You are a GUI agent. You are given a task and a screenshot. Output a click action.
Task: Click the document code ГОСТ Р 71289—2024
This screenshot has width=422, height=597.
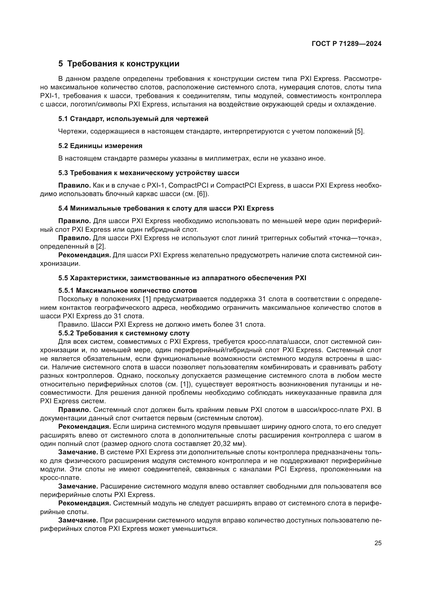pyautogui.click(x=346, y=44)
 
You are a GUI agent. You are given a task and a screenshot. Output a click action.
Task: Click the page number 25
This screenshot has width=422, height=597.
pyautogui.click(x=378, y=543)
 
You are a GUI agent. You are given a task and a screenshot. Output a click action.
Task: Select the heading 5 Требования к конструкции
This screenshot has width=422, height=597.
pyautogui.click(x=119, y=64)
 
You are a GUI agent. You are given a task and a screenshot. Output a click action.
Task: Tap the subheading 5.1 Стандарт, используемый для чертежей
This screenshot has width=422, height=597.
pyautogui.click(x=133, y=119)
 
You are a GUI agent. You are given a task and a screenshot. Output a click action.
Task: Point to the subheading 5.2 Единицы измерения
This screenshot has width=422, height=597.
pyautogui.click(x=100, y=146)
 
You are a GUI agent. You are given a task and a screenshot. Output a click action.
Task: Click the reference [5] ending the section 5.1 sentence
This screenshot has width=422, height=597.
pyautogui.click(x=360, y=131)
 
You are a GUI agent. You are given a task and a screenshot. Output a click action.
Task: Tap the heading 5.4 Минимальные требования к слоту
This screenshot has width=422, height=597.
pyautogui.click(x=166, y=208)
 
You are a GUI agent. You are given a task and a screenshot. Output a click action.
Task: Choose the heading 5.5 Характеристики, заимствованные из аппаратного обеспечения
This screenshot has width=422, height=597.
pyautogui.click(x=182, y=278)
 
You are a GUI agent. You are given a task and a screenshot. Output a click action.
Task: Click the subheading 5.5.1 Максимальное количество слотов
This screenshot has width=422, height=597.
pyautogui.click(x=127, y=290)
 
